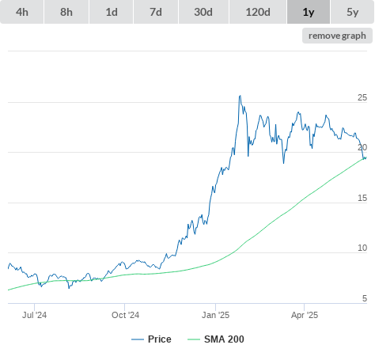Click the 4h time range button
tap(22, 12)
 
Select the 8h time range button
tap(66, 12)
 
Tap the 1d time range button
tap(112, 12)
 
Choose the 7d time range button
tap(156, 12)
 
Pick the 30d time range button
tap(203, 12)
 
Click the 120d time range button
tap(258, 12)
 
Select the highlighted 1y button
tap(309, 12)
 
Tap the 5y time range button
tap(352, 12)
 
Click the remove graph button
tap(337, 36)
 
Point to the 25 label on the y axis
tap(362, 97)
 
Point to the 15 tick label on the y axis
tap(362, 198)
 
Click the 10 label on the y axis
tap(362, 248)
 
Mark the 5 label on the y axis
tap(365, 298)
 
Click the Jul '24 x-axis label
tap(34, 315)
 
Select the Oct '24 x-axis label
tap(125, 315)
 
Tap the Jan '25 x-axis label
tap(215, 315)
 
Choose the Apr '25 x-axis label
tap(305, 315)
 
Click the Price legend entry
tap(151, 339)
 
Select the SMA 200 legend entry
tap(216, 339)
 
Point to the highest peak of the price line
tap(240, 96)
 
